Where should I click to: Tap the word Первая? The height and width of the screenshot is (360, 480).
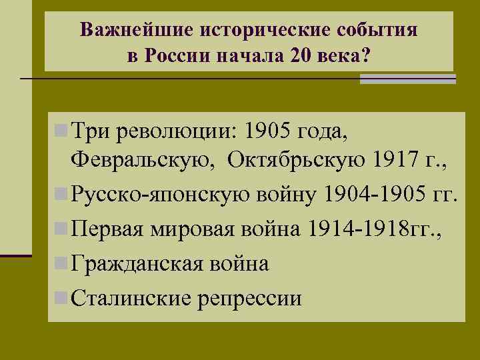tap(109, 230)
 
